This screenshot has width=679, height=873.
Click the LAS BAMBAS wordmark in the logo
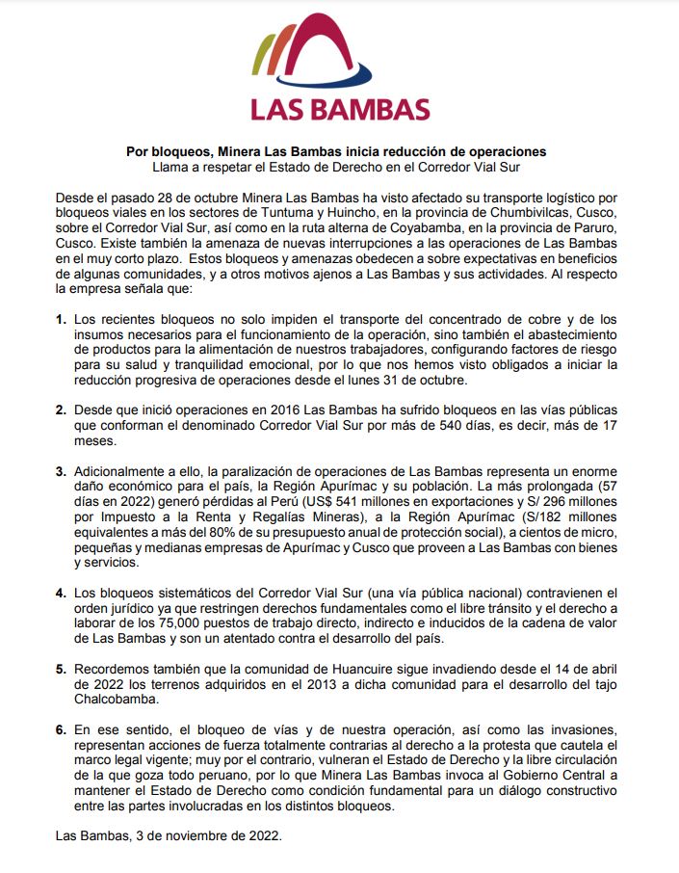coord(339,107)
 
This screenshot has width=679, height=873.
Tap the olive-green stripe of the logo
coord(261,60)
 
